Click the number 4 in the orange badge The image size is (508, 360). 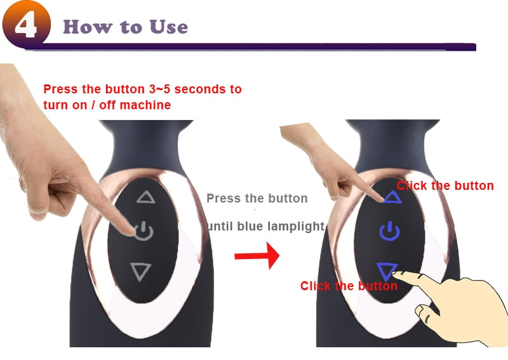click(x=26, y=25)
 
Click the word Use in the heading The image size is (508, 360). click(x=169, y=27)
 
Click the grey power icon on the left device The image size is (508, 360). click(x=144, y=231)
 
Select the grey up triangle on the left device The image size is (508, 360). click(x=146, y=197)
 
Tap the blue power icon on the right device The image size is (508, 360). click(x=390, y=231)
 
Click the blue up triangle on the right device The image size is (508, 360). click(x=392, y=197)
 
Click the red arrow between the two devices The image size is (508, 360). click(x=257, y=256)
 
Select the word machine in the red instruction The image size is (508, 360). click(x=145, y=105)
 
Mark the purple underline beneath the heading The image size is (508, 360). click(x=250, y=47)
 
